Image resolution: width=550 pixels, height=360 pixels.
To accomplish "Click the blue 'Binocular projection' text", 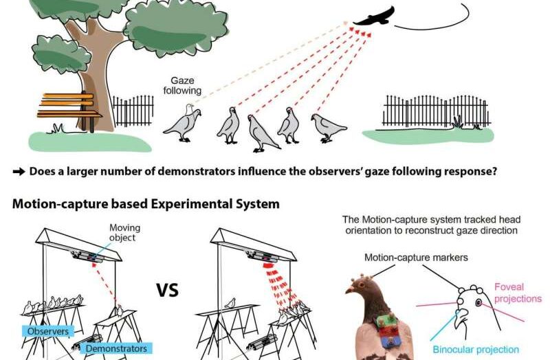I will (476, 350).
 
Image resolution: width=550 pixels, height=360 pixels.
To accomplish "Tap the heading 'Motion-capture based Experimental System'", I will (146, 203).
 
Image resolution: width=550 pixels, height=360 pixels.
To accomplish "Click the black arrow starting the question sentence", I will (18, 171).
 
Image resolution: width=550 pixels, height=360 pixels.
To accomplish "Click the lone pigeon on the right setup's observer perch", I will (231, 302).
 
